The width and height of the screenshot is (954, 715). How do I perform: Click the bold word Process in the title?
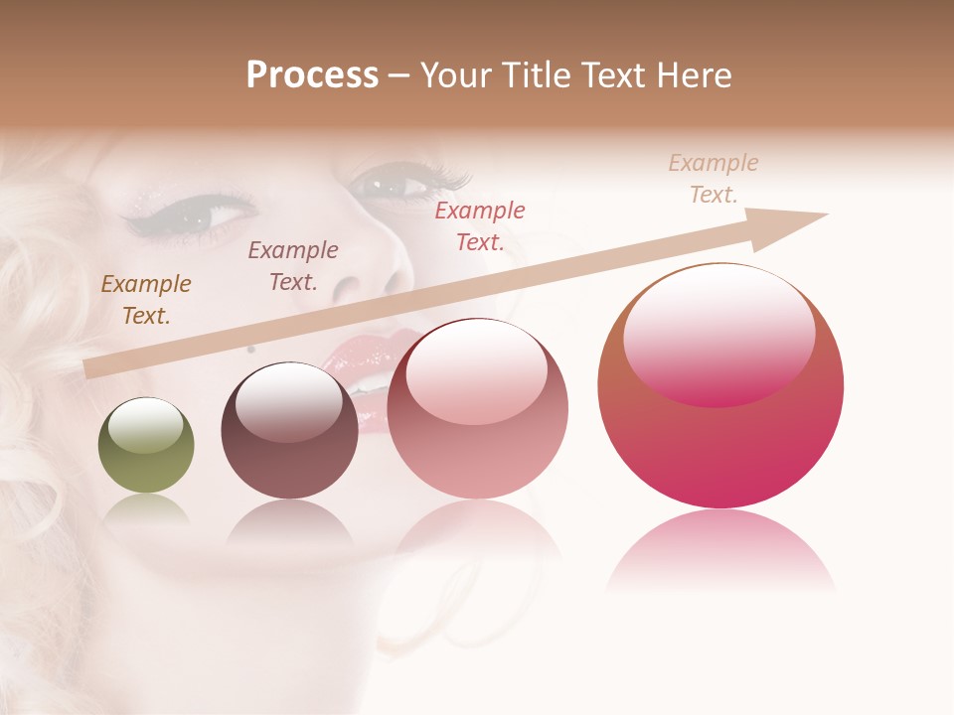(312, 75)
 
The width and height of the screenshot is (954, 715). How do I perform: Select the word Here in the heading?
(696, 75)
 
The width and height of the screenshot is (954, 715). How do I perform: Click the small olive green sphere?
(146, 445)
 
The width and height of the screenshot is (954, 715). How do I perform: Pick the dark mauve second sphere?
(289, 431)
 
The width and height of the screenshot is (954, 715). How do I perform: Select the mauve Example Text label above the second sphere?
(293, 266)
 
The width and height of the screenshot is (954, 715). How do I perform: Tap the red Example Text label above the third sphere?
(480, 225)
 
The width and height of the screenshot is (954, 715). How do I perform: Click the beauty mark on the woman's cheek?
(251, 349)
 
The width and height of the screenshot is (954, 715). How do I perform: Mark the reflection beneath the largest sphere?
(720, 551)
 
